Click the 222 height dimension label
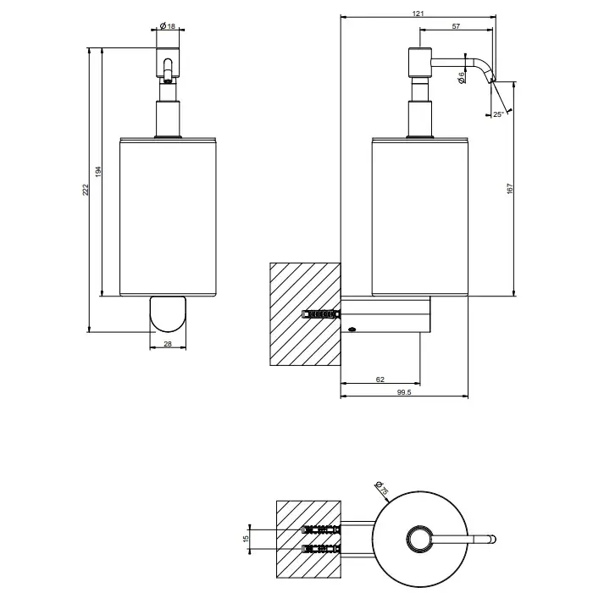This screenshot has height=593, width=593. click(x=86, y=191)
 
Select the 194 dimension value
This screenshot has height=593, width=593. click(x=97, y=173)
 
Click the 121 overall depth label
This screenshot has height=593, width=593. click(x=418, y=14)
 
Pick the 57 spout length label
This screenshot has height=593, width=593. click(x=456, y=28)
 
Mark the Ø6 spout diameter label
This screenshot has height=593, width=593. click(x=462, y=76)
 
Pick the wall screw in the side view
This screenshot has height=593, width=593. click(x=319, y=314)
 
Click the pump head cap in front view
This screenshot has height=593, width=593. click(x=167, y=64)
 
